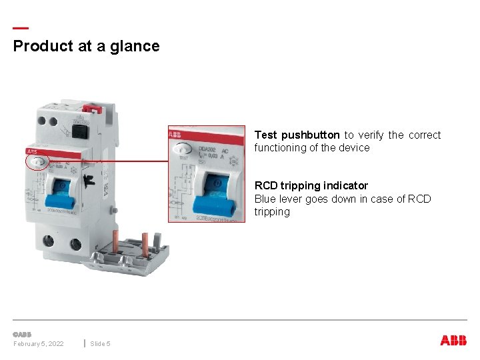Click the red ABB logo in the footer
click(453, 340)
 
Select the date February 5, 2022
click(39, 343)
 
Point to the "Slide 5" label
click(101, 343)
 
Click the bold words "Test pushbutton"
click(297, 135)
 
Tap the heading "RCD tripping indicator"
click(311, 185)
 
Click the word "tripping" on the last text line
click(272, 211)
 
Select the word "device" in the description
click(353, 147)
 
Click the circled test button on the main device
click(38, 161)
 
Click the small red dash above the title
click(21, 28)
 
